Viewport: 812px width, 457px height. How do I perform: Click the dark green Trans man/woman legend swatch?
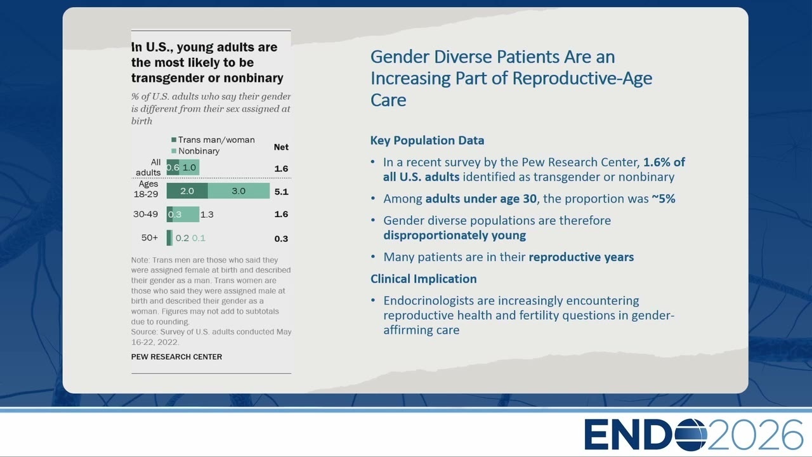pyautogui.click(x=174, y=140)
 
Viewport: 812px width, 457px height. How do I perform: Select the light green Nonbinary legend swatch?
pyautogui.click(x=174, y=151)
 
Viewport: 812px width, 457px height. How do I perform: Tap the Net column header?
pyautogui.click(x=281, y=147)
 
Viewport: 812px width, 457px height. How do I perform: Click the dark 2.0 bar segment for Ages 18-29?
pyautogui.click(x=187, y=191)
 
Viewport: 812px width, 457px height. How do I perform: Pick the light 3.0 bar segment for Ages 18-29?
pyautogui.click(x=239, y=191)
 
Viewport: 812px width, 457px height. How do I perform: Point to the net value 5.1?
pyautogui.click(x=281, y=192)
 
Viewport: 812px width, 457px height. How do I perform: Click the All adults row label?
pyautogui.click(x=148, y=167)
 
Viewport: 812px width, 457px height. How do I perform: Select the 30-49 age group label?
pyautogui.click(x=145, y=214)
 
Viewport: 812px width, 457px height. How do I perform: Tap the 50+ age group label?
pyautogui.click(x=149, y=238)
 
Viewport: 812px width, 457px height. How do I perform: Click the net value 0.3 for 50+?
pyautogui.click(x=281, y=239)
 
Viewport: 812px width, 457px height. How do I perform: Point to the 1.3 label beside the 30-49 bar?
pyautogui.click(x=207, y=215)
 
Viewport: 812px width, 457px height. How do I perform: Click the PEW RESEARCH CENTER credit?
pyautogui.click(x=176, y=357)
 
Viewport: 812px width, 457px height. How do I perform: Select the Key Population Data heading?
pyautogui.click(x=427, y=140)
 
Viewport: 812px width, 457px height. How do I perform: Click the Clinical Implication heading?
pyautogui.click(x=423, y=279)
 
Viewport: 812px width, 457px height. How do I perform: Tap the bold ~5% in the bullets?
pyautogui.click(x=664, y=199)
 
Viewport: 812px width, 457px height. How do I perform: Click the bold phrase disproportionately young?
pyautogui.click(x=455, y=235)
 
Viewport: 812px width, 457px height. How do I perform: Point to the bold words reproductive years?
pyautogui.click(x=581, y=257)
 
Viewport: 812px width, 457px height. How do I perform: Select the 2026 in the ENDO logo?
pyautogui.click(x=755, y=435)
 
